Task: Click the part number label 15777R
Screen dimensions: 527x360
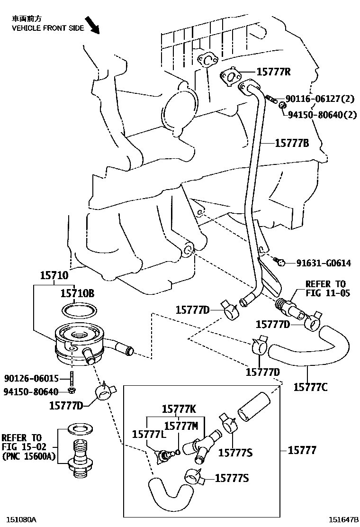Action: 273,72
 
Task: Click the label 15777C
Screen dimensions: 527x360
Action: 310,387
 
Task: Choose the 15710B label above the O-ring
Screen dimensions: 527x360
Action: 77,294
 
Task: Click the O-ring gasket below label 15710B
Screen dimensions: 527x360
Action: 80,310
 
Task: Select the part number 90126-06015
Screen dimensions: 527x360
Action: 31,379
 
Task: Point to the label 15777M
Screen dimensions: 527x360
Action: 181,425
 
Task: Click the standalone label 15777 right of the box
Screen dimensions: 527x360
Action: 302,450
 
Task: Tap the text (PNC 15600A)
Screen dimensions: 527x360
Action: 28,456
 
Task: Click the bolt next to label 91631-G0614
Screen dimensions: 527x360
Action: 279,260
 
